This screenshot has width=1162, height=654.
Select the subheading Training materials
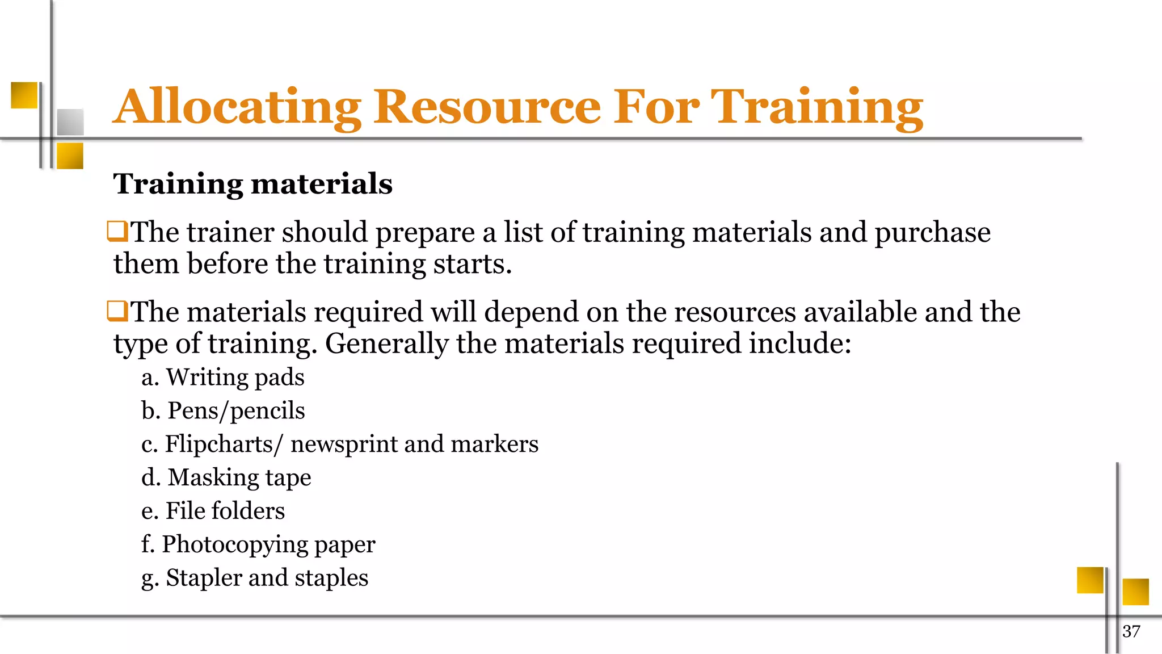coord(253,184)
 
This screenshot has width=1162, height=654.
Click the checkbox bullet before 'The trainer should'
coord(117,232)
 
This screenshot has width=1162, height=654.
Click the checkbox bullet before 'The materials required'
coord(117,311)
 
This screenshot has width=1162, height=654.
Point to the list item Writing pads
coord(235,378)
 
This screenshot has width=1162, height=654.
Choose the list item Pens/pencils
coord(236,411)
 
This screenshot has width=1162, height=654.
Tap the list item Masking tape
coord(239,477)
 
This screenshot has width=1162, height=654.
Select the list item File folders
coord(225,511)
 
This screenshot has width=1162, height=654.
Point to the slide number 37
coord(1131,631)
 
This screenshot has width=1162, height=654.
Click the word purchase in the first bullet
coord(932,233)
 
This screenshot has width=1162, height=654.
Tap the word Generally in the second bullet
coord(386,344)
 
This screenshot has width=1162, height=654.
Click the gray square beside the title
coord(70,121)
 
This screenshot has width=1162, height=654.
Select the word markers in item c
coord(494,444)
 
